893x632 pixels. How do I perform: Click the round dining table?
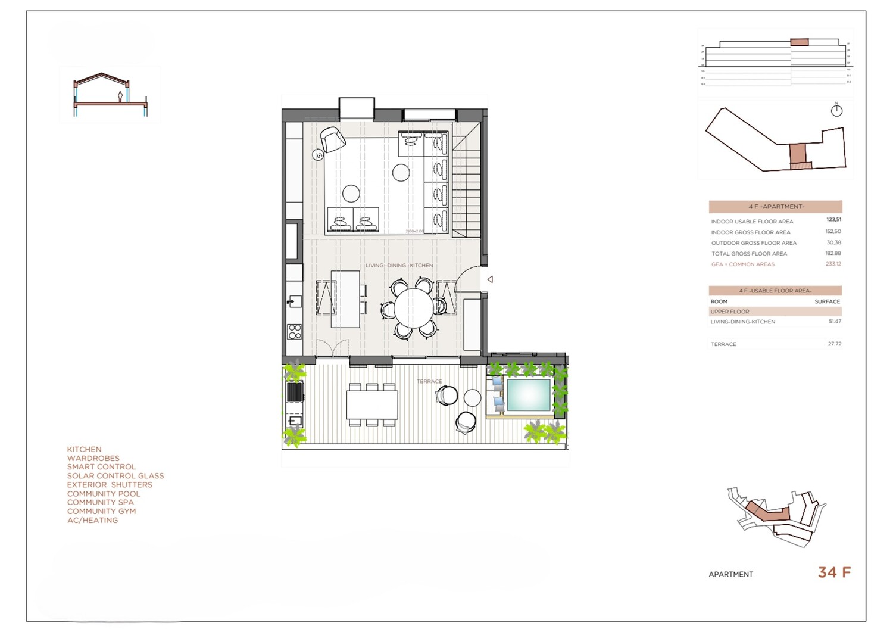tap(414, 308)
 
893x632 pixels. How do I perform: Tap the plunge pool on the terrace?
tap(527, 395)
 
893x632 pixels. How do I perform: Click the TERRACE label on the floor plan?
tap(429, 381)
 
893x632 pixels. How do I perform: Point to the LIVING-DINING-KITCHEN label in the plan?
tap(399, 266)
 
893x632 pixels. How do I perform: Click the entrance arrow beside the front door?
tap(490, 279)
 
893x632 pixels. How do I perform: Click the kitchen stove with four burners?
tap(294, 331)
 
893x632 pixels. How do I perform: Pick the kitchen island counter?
tap(345, 298)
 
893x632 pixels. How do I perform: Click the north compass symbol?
tap(836, 110)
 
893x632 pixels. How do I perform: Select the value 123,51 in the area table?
tap(833, 220)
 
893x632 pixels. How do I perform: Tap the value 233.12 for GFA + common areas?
tap(833, 264)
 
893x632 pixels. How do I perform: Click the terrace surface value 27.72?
tap(834, 344)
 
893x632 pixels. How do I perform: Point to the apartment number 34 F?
tap(834, 572)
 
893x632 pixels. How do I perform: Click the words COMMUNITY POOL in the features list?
tap(104, 494)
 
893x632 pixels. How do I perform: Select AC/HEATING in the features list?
tap(92, 520)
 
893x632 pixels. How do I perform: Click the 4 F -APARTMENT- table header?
tap(775, 207)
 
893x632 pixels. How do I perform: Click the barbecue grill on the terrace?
tap(295, 392)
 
